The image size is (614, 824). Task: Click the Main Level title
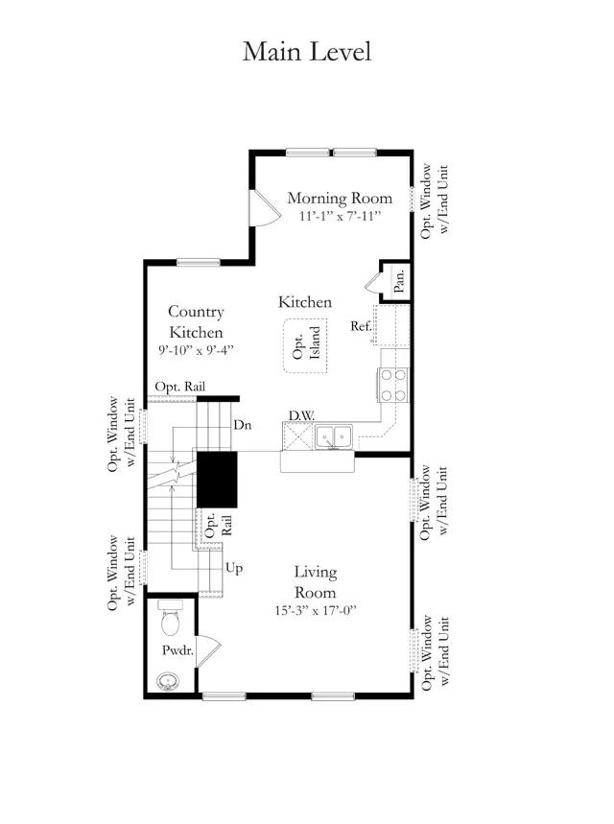point(307,52)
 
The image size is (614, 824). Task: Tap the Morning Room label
point(340,199)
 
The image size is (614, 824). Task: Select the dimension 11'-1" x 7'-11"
point(340,216)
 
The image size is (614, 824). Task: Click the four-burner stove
point(393,385)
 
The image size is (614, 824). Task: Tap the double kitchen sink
point(334,437)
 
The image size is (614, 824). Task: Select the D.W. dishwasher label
point(301,415)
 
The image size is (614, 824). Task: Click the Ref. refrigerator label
point(361,326)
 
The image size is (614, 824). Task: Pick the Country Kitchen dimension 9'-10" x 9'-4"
point(196,350)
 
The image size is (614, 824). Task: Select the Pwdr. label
point(177,650)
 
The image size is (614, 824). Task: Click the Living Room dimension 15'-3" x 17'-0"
point(316,611)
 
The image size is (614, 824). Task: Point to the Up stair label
point(234,568)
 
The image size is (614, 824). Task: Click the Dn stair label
point(243,425)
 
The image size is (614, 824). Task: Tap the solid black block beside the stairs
point(217,480)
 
